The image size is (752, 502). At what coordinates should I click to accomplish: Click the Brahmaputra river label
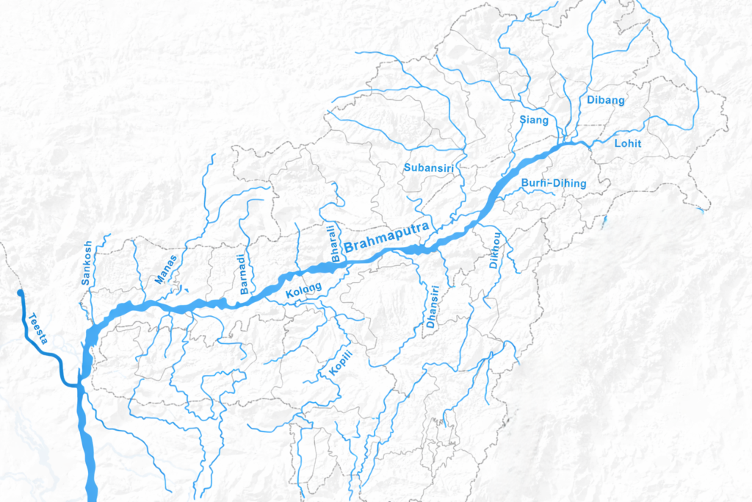(388, 236)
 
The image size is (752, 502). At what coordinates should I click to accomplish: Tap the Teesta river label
(39, 329)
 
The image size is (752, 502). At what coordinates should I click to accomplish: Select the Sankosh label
(87, 263)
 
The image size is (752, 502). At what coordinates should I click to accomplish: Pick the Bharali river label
(336, 243)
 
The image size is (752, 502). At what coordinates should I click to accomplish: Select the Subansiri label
(429, 168)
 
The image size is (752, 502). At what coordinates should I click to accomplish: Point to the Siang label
(534, 120)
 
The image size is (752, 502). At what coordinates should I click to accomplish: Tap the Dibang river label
(605, 100)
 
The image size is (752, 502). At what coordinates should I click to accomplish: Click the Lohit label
(627, 144)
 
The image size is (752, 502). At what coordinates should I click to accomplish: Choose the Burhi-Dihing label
(554, 182)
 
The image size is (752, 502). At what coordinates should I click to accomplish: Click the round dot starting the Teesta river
(20, 293)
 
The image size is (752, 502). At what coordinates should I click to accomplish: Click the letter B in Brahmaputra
(348, 247)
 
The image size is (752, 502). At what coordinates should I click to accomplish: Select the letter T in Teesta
(32, 318)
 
